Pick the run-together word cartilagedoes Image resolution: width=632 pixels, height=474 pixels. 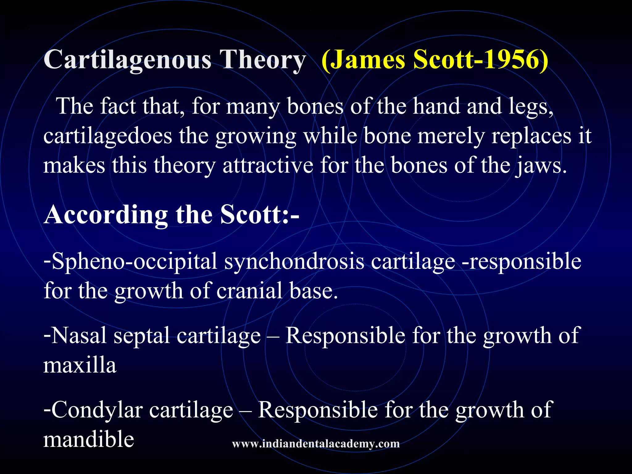point(108,136)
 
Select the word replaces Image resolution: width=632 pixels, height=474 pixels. point(531,136)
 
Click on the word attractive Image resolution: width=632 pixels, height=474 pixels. point(268,165)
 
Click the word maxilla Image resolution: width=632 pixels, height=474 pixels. point(80,365)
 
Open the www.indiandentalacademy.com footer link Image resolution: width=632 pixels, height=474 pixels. point(316,444)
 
